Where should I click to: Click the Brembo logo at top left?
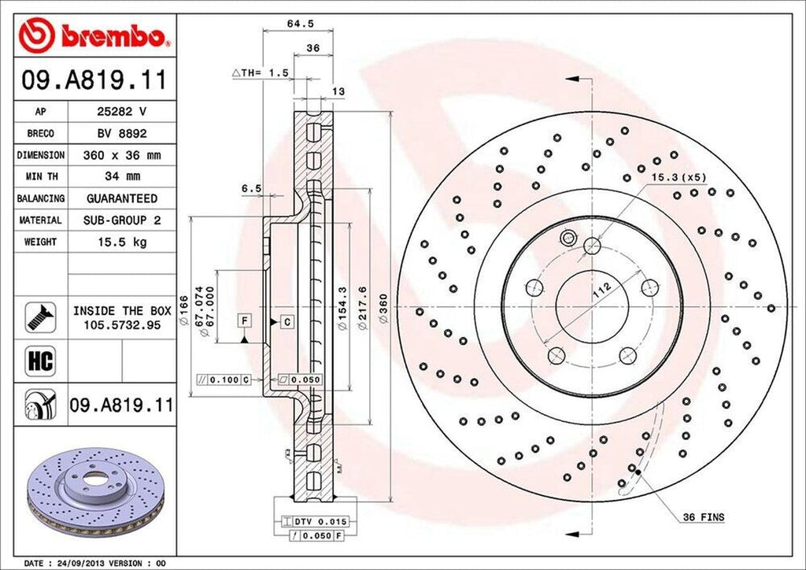(94, 35)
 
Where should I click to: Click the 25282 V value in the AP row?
(121, 113)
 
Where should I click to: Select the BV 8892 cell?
(121, 134)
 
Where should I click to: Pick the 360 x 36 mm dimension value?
(121, 156)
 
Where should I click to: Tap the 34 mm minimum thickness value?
(121, 177)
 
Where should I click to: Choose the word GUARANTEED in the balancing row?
(121, 198)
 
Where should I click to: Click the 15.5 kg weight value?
(121, 242)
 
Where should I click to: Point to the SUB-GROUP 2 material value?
(121, 220)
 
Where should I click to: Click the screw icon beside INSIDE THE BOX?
(38, 316)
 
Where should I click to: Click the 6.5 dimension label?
(251, 188)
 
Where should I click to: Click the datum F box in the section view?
(246, 320)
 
